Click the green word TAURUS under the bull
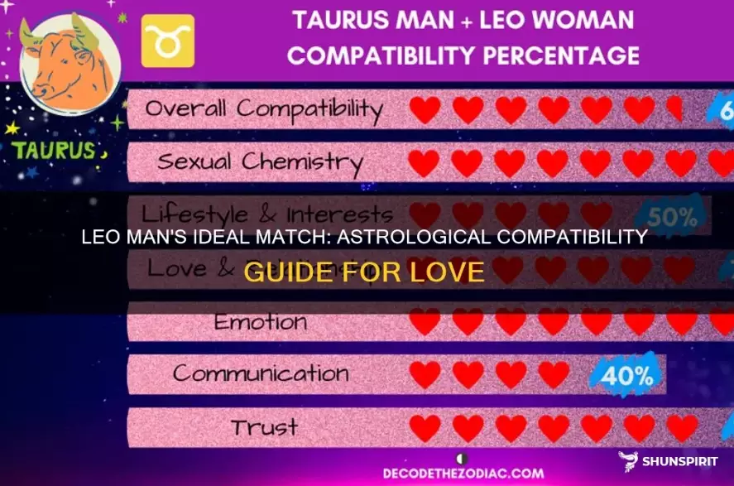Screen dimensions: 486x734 55,153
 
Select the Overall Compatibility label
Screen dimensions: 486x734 263,109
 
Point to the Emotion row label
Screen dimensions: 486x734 261,321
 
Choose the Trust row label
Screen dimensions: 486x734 264,426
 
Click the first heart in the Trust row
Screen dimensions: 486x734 425,427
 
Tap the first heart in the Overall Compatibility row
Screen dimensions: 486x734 425,110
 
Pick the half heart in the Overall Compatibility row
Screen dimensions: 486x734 674,110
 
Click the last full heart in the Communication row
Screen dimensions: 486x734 553,374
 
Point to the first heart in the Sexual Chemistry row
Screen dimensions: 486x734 425,162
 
